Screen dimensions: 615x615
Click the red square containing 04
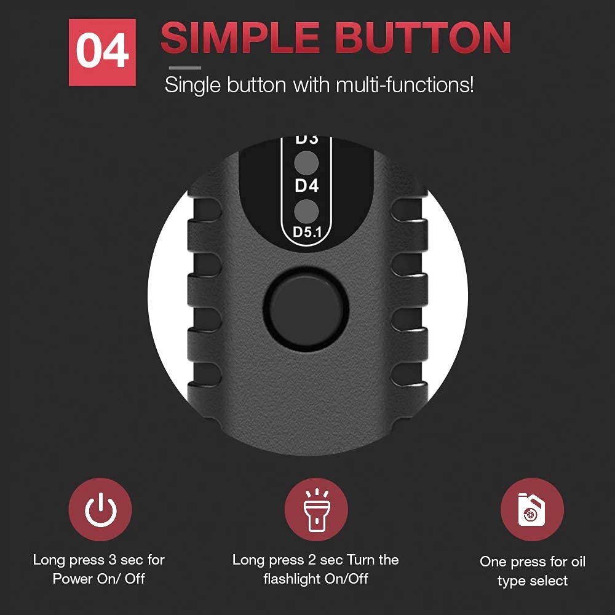coord(103,52)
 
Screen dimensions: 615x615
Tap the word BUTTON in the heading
coord(419,38)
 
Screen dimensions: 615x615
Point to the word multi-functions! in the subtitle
coord(405,85)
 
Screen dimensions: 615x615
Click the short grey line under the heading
coord(184,68)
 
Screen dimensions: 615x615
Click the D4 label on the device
coord(306,186)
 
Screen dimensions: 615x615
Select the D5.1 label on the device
coord(306,232)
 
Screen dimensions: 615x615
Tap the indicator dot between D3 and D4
coord(306,163)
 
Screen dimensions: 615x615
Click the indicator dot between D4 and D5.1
coord(306,211)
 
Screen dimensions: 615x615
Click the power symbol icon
coord(100,510)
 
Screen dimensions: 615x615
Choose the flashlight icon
coord(316,510)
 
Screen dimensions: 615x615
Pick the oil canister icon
coord(531,510)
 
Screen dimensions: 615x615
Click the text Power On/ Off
coord(98,579)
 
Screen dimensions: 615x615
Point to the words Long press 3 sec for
coord(98,560)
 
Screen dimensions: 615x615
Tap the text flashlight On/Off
coord(315,579)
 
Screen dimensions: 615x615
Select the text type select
coord(532,581)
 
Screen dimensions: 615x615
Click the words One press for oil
coord(532,562)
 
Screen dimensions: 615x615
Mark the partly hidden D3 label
coord(306,140)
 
